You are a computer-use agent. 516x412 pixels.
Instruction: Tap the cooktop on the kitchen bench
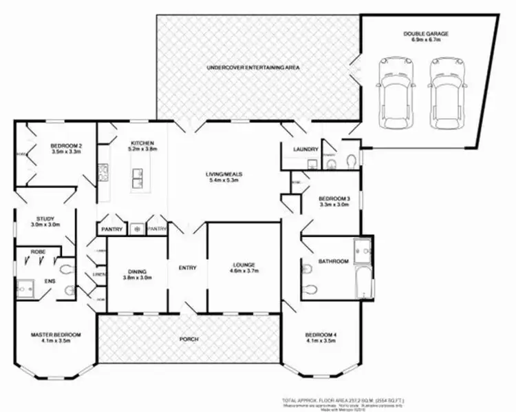pyautogui.click(x=104, y=170)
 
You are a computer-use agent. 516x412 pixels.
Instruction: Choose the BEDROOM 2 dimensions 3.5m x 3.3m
pyautogui.click(x=66, y=152)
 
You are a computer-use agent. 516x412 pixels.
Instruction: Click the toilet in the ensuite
pyautogui.click(x=67, y=270)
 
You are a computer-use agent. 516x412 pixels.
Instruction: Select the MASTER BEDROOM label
pyautogui.click(x=56, y=335)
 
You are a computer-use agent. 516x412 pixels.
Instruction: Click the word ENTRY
pyautogui.click(x=188, y=268)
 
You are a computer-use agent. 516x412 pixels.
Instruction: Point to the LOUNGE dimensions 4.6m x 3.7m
pyautogui.click(x=244, y=271)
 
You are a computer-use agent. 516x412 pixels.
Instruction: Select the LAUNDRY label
pyautogui.click(x=304, y=149)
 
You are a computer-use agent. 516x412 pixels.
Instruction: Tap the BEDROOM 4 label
pyautogui.click(x=323, y=335)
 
